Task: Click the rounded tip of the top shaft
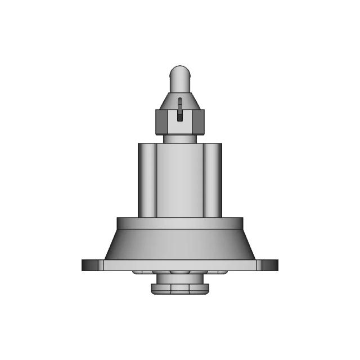pos(180,71)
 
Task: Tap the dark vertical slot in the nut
pos(179,110)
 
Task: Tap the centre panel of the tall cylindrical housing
pos(180,180)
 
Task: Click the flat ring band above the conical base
pos(180,223)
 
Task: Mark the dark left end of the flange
pos(89,264)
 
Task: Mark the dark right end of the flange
pos(271,264)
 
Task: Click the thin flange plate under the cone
pos(180,265)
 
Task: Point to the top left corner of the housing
pos(139,144)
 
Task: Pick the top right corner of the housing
pos(221,144)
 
